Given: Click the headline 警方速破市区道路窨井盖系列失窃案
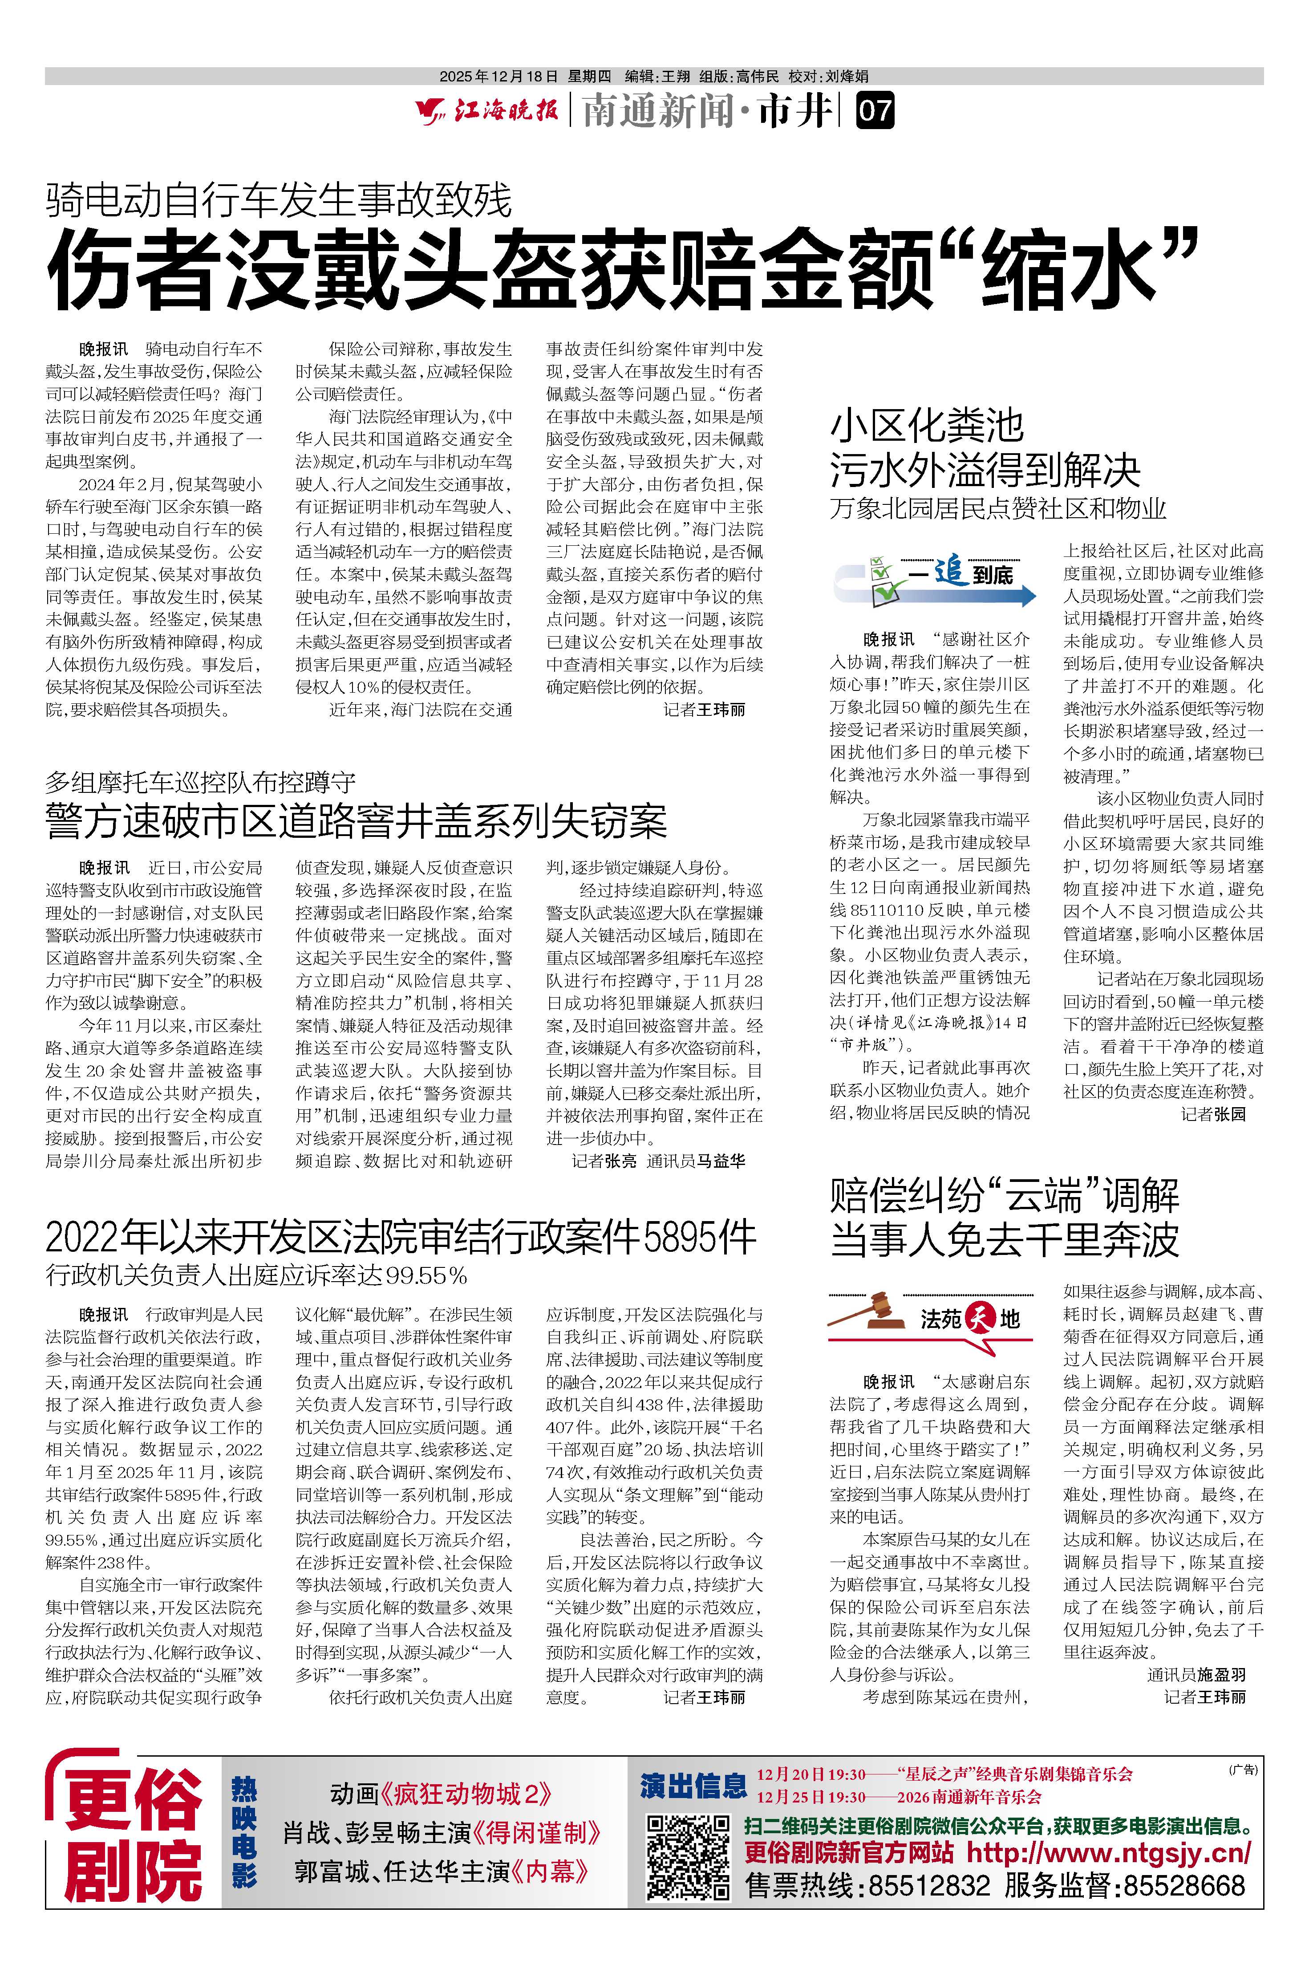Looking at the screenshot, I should pos(357,821).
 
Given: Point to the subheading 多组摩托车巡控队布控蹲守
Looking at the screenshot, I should pos(200,782).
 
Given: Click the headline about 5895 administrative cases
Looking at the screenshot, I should pos(401,1237).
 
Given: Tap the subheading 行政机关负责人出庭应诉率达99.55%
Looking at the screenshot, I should pos(256,1275).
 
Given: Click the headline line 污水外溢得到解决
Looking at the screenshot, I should pos(985,472).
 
